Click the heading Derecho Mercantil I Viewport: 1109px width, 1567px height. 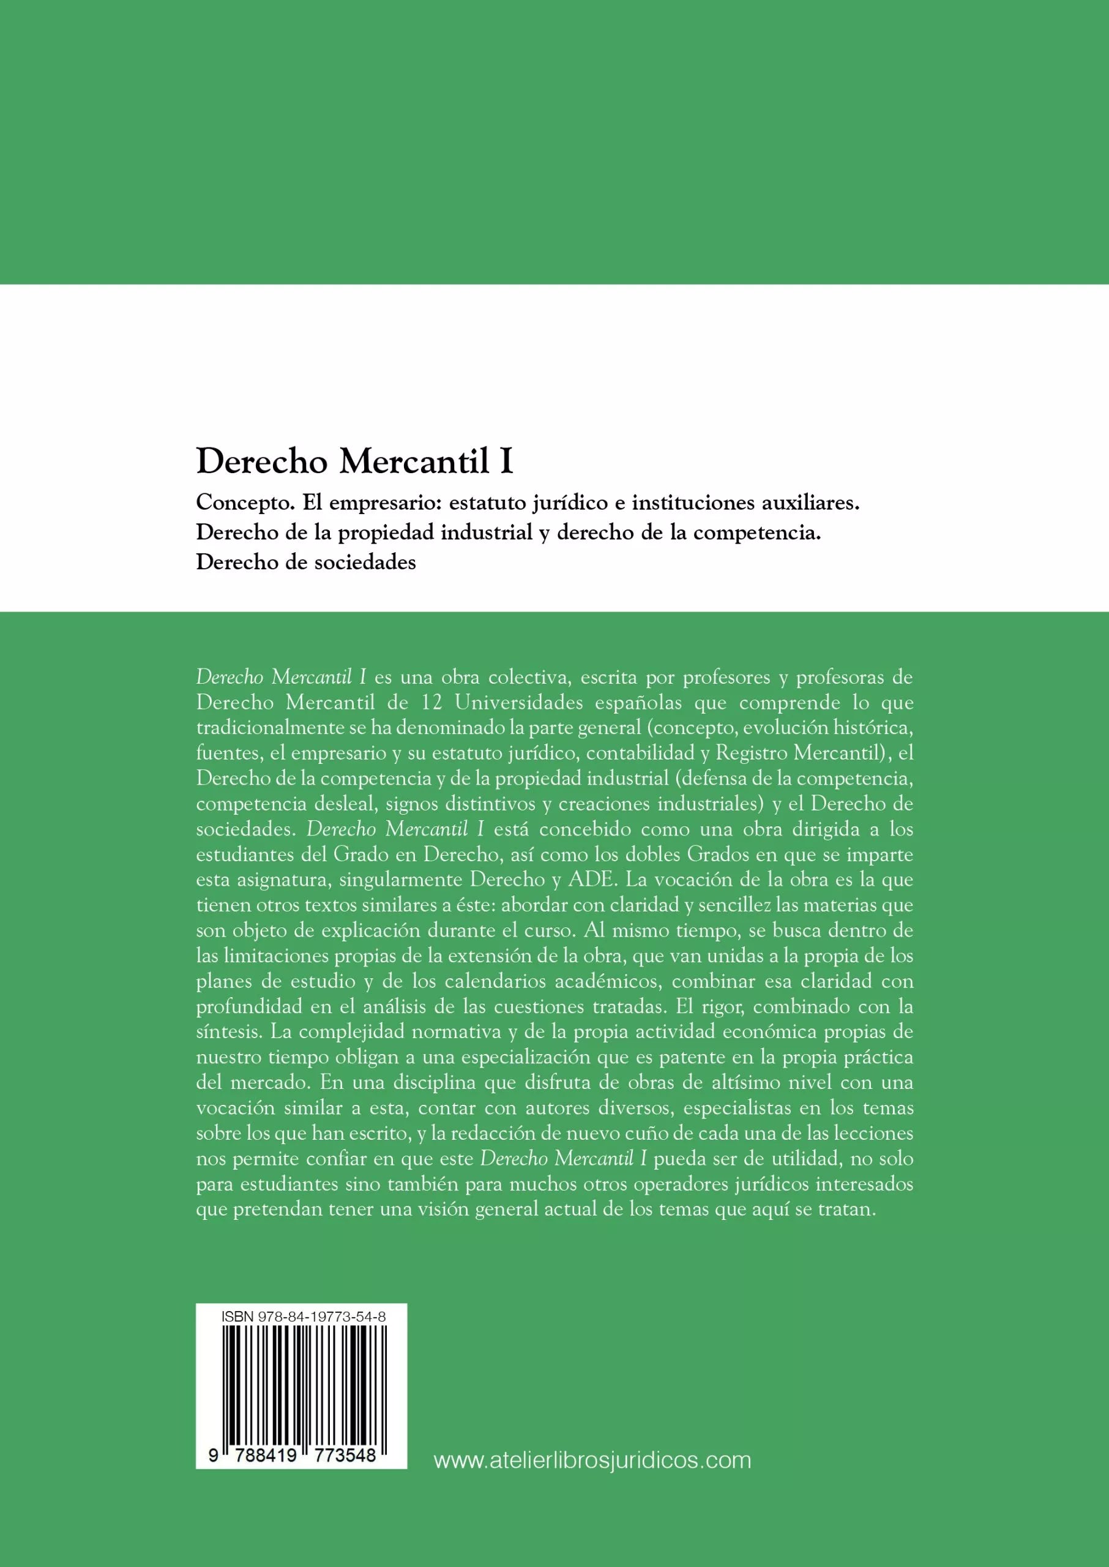point(354,462)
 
